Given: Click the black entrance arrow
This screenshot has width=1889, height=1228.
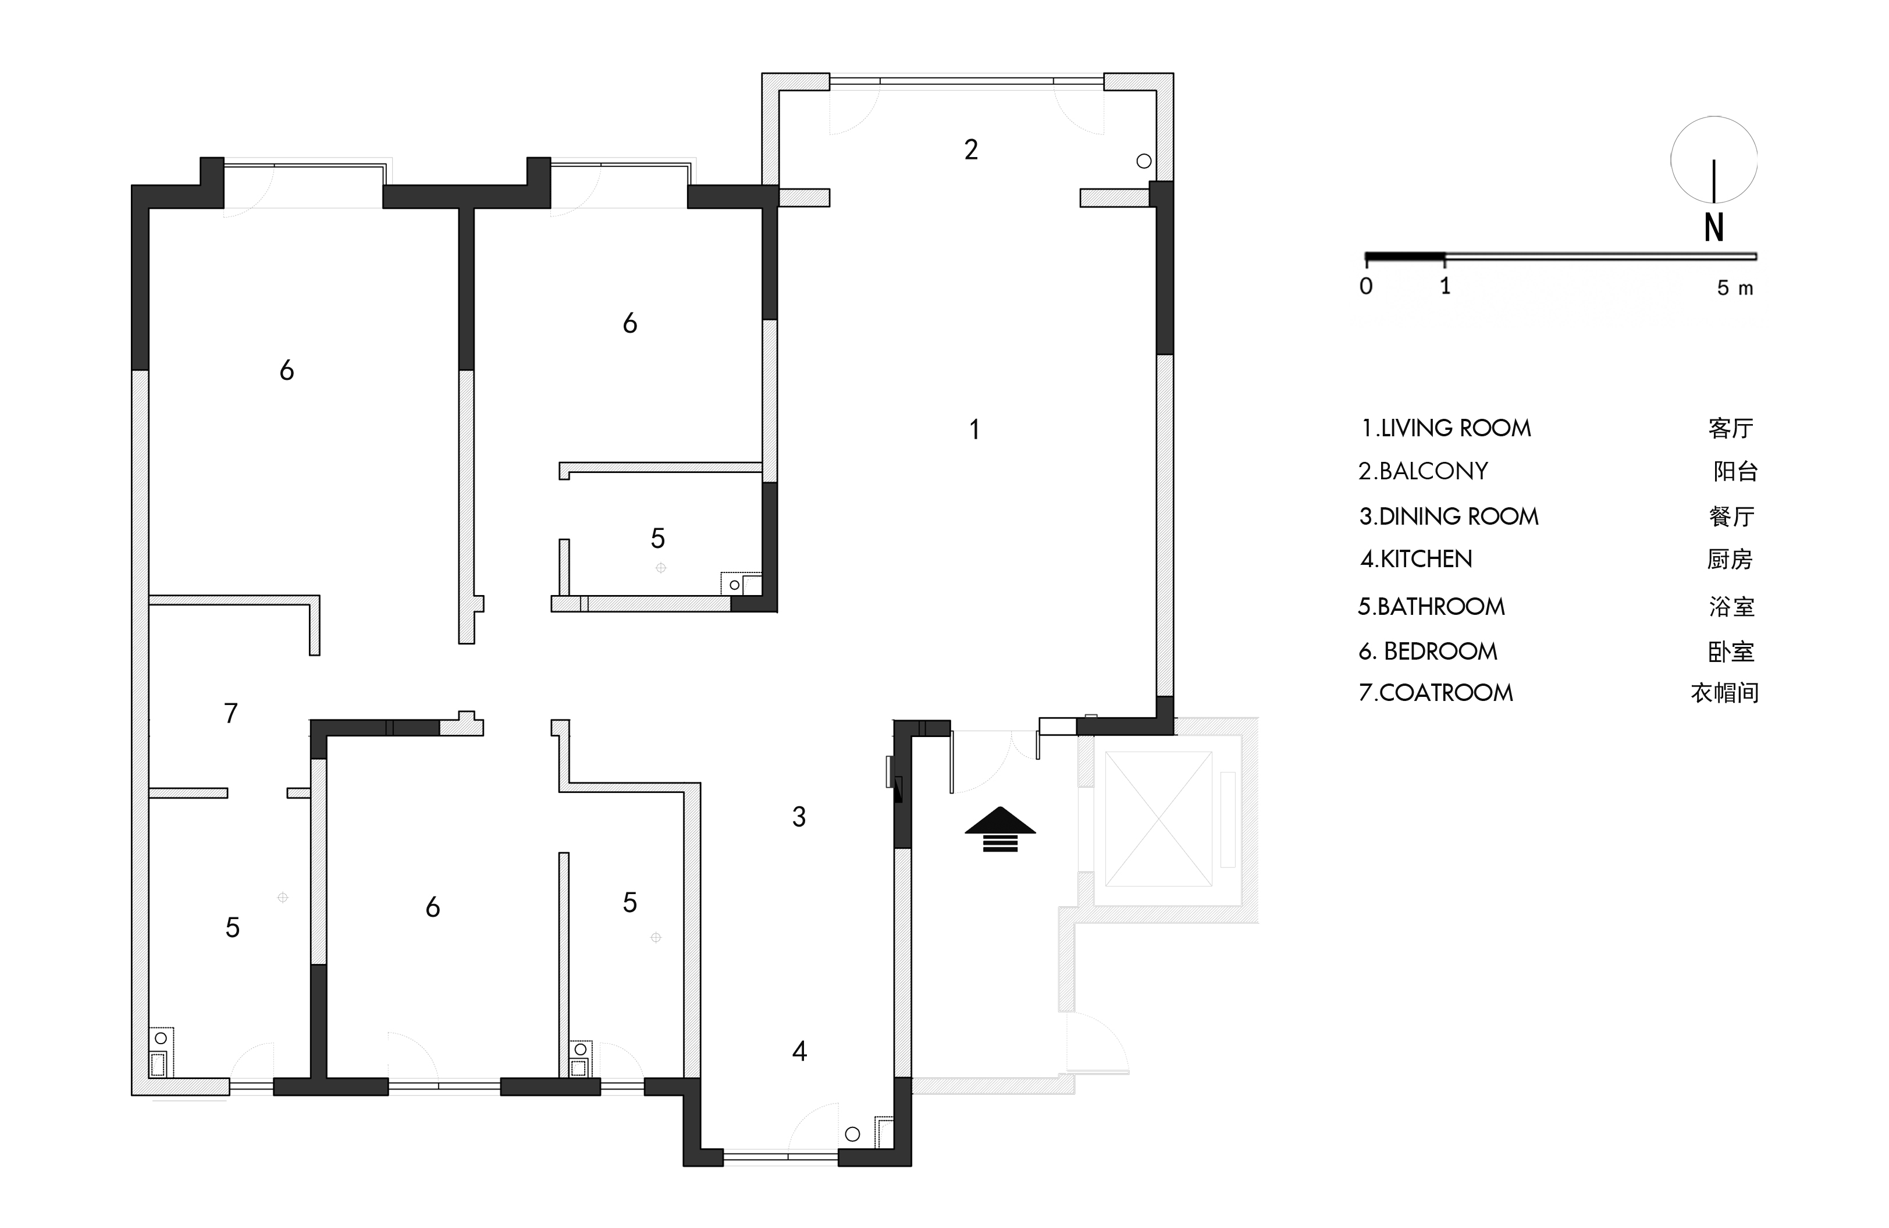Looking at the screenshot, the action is coord(1000,829).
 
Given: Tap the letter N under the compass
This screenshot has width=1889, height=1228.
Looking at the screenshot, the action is coord(1714,228).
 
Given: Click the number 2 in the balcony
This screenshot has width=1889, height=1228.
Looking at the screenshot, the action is coord(971,150).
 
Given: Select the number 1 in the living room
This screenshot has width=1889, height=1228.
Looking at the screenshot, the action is coord(974,429).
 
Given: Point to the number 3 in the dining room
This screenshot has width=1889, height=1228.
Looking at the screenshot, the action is coord(799,817).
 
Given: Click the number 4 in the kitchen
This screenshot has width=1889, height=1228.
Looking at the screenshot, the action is coord(800,1051).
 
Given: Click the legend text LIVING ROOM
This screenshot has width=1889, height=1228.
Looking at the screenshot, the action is coord(1456,429).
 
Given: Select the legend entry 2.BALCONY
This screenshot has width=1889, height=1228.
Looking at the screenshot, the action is coord(1422,472).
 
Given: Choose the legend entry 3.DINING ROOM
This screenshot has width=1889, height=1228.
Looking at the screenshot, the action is coord(1449,517).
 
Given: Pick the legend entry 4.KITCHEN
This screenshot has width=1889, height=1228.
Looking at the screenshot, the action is coord(1416,559).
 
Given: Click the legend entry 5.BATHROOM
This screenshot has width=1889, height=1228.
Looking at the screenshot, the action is coord(1431,607).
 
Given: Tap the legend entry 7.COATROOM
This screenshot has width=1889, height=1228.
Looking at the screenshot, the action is coord(1436,693).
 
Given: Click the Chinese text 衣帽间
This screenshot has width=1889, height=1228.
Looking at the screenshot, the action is coord(1725,693).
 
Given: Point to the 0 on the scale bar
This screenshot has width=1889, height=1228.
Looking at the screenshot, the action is coord(1366,286).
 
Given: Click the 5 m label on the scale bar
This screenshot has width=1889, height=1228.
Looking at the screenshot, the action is coord(1735,287).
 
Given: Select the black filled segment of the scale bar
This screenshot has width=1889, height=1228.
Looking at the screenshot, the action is coord(1405,257).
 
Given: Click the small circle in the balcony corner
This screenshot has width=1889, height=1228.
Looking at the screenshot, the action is coord(1144,161).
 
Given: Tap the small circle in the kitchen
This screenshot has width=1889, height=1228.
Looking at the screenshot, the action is coord(852,1134).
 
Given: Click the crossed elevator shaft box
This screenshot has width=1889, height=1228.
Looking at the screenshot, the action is coord(1159,818).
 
